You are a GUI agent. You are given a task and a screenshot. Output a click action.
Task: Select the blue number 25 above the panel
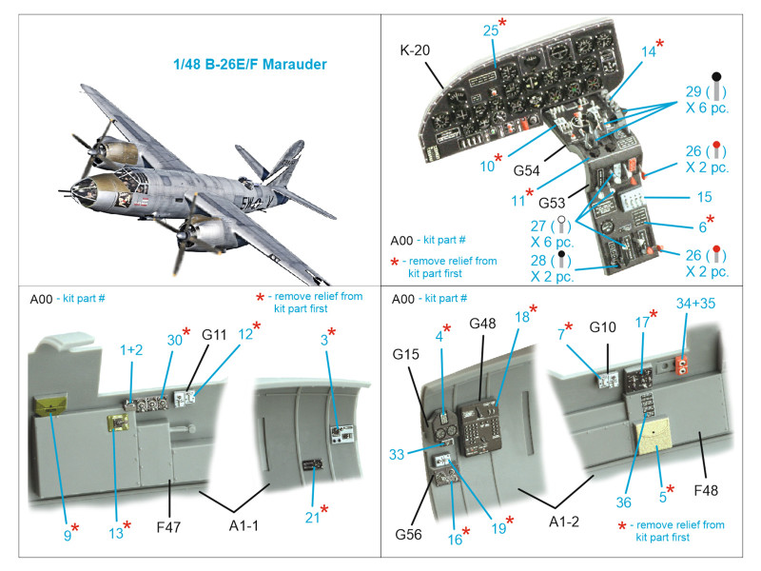(x=491, y=30)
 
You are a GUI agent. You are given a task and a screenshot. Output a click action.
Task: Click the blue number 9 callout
(x=68, y=536)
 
